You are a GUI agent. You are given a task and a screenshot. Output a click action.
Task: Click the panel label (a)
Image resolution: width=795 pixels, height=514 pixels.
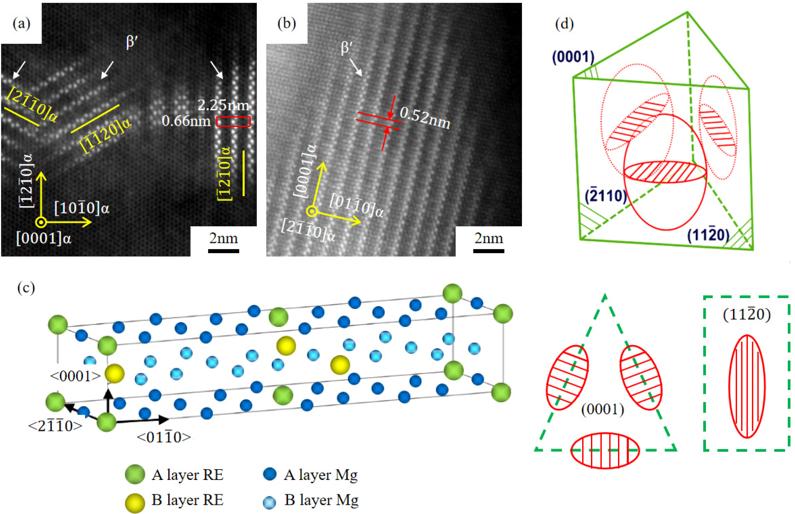(21, 24)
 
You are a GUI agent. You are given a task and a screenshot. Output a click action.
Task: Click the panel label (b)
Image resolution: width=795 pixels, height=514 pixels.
(286, 24)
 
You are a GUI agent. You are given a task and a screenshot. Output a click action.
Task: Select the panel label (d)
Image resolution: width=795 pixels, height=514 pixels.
(564, 24)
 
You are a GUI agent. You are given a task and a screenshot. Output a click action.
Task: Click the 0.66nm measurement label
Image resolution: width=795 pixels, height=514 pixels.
(186, 121)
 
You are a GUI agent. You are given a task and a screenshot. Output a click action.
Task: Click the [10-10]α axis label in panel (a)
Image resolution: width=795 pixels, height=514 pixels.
(82, 209)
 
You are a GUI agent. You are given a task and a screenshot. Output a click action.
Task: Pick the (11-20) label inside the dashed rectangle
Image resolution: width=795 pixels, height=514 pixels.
(747, 314)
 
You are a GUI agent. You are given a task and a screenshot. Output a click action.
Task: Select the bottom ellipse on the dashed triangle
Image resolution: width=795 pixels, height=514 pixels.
(605, 451)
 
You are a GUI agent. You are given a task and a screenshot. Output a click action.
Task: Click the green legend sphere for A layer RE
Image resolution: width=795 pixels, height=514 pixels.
(135, 474)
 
